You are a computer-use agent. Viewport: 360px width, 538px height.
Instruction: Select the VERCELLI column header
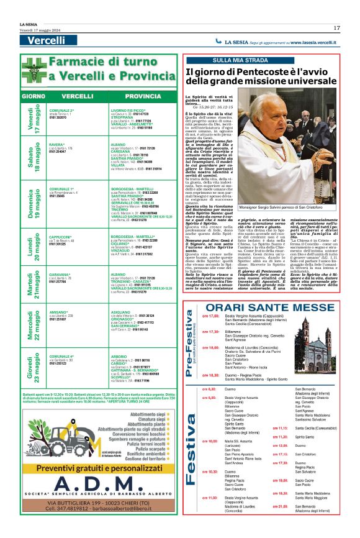click(78, 97)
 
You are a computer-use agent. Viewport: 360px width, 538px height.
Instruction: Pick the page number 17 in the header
click(336, 28)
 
